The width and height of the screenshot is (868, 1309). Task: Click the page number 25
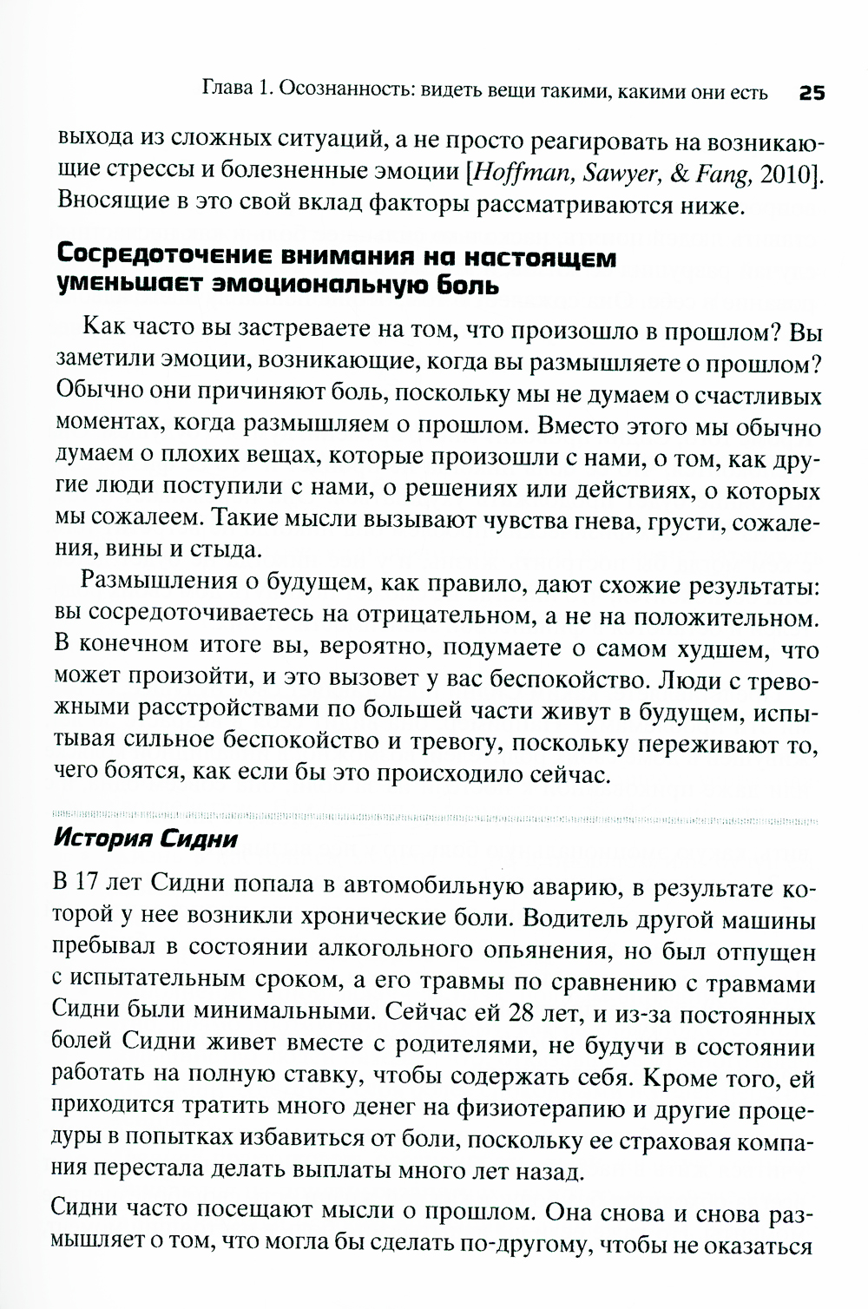click(811, 93)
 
